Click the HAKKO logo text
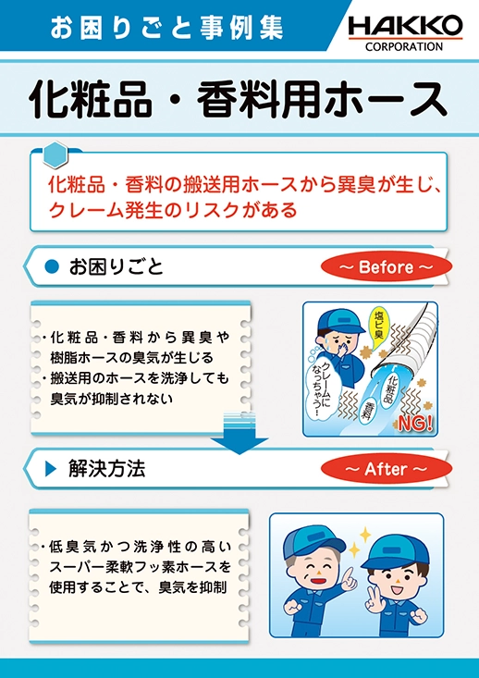coord(406,28)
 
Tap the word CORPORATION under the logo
coord(404,46)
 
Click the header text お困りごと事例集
coord(166,28)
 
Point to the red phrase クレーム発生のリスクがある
coord(173,210)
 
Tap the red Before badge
coord(386,266)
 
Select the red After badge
coord(386,469)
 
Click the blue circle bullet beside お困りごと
coord(52,266)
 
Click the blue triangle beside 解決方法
coord(51,469)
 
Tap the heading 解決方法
coord(106,469)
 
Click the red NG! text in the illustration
coord(415,424)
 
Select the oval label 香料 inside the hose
coord(367,411)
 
